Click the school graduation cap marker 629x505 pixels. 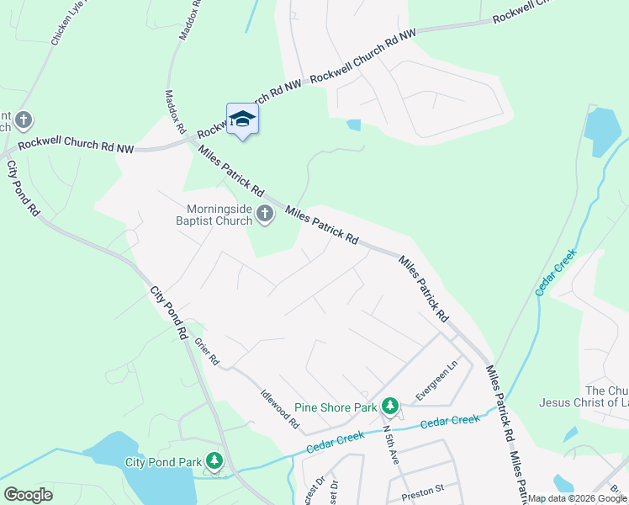point(242,120)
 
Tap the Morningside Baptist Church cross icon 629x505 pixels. point(265,215)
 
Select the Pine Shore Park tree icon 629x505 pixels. point(389,407)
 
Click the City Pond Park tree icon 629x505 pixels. point(215,461)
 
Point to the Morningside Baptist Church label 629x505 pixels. point(218,215)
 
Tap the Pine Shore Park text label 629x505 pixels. point(335,407)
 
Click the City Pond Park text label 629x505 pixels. point(163,462)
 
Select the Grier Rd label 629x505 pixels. point(206,351)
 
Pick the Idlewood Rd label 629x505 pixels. point(280,408)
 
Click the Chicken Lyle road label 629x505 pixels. point(68,24)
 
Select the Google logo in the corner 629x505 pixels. point(28,495)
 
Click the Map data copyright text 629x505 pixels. point(577,499)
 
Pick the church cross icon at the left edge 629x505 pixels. point(24,120)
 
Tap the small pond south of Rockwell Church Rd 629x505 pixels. point(353,125)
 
